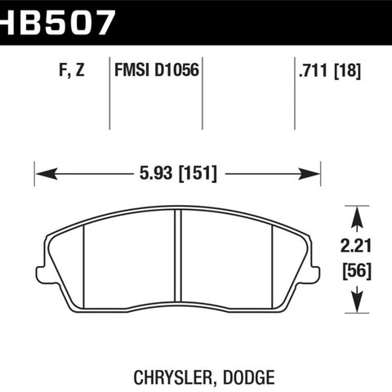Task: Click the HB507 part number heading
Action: [x=56, y=23]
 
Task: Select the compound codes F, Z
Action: [x=72, y=69]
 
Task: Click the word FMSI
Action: [x=132, y=69]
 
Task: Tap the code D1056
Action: [x=177, y=69]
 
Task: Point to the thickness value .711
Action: [x=313, y=70]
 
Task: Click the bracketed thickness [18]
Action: [x=348, y=71]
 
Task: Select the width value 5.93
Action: [x=156, y=173]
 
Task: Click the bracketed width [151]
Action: [x=198, y=173]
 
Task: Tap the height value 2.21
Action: [x=356, y=246]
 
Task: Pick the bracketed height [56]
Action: [x=357, y=271]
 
